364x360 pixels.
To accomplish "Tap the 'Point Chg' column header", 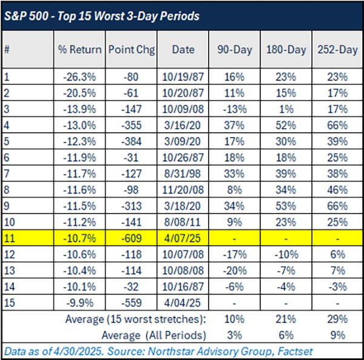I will [x=130, y=50].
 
